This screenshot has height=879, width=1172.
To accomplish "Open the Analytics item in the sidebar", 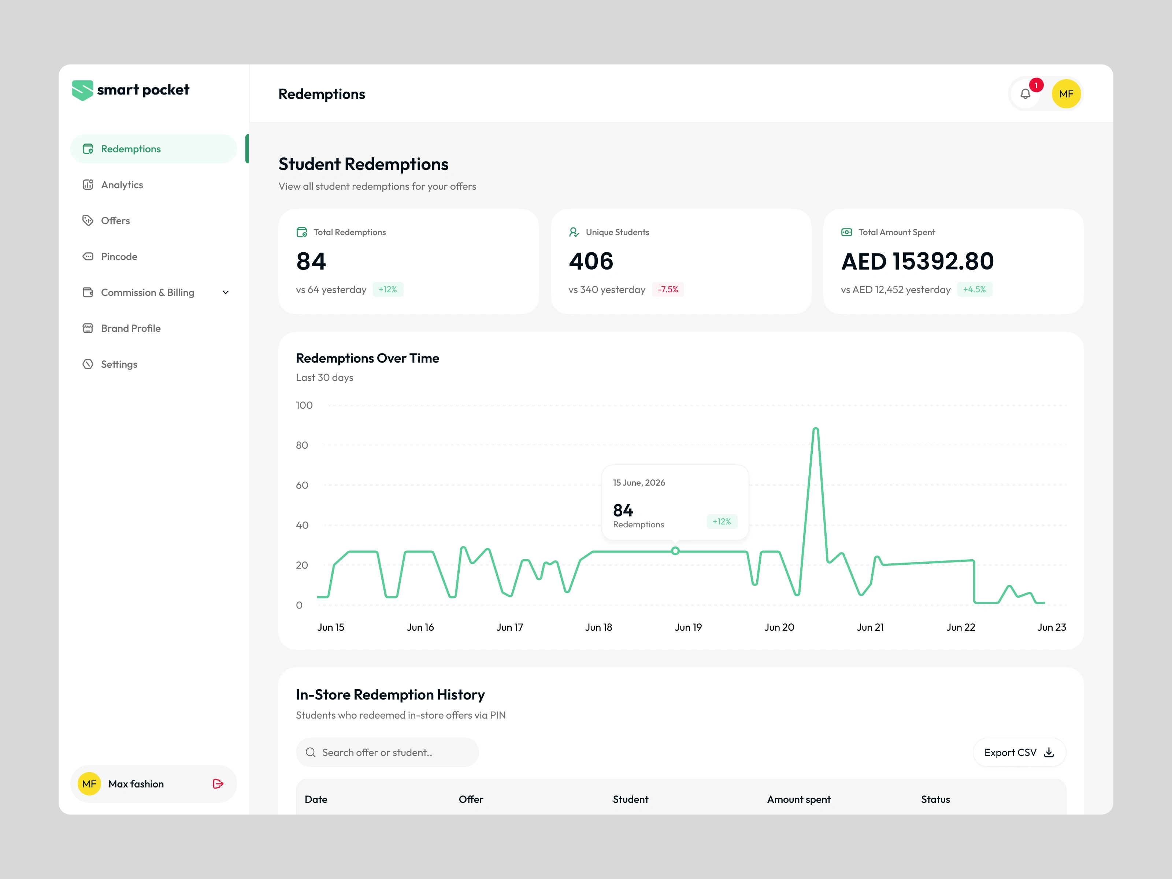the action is coord(122,185).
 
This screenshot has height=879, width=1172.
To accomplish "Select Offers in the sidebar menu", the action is coord(115,220).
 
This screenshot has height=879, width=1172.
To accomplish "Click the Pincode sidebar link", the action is coord(119,256).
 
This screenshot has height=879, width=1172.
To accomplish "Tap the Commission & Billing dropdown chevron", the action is coord(226,293).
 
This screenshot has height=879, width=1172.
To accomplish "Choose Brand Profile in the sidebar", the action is coord(130,329).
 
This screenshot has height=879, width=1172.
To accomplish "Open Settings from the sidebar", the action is coord(119,364).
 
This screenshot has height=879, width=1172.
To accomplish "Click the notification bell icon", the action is coord(1026,94).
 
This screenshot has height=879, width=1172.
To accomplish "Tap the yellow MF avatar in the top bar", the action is coord(1066,94).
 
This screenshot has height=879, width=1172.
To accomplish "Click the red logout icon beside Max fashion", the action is coord(218,784).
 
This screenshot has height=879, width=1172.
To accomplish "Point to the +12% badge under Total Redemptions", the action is coord(388,289).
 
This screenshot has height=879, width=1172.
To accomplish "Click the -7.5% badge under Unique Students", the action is coord(668,289).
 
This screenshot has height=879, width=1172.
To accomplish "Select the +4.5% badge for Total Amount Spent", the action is coord(974,289).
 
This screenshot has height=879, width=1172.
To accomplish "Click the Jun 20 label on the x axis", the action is coord(779,627).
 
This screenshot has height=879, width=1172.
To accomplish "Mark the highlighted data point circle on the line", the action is coord(675,551).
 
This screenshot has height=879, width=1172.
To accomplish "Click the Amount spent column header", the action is coord(798,800).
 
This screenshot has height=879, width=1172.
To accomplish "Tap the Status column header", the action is coord(935,800).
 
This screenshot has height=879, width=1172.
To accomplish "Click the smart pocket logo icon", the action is coord(83,90).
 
